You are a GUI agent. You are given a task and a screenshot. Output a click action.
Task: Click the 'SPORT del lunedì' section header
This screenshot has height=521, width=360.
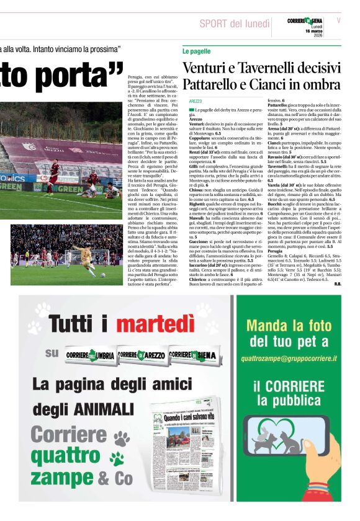(x=234, y=24)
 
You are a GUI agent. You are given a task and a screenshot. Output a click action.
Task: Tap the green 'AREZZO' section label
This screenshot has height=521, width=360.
(x=196, y=100)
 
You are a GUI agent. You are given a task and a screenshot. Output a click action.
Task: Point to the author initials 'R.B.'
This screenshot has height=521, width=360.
(x=337, y=284)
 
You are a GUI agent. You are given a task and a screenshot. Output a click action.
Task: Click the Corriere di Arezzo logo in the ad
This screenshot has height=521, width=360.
(x=142, y=354)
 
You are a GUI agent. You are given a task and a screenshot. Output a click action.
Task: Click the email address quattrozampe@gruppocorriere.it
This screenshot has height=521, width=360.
(x=289, y=358)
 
